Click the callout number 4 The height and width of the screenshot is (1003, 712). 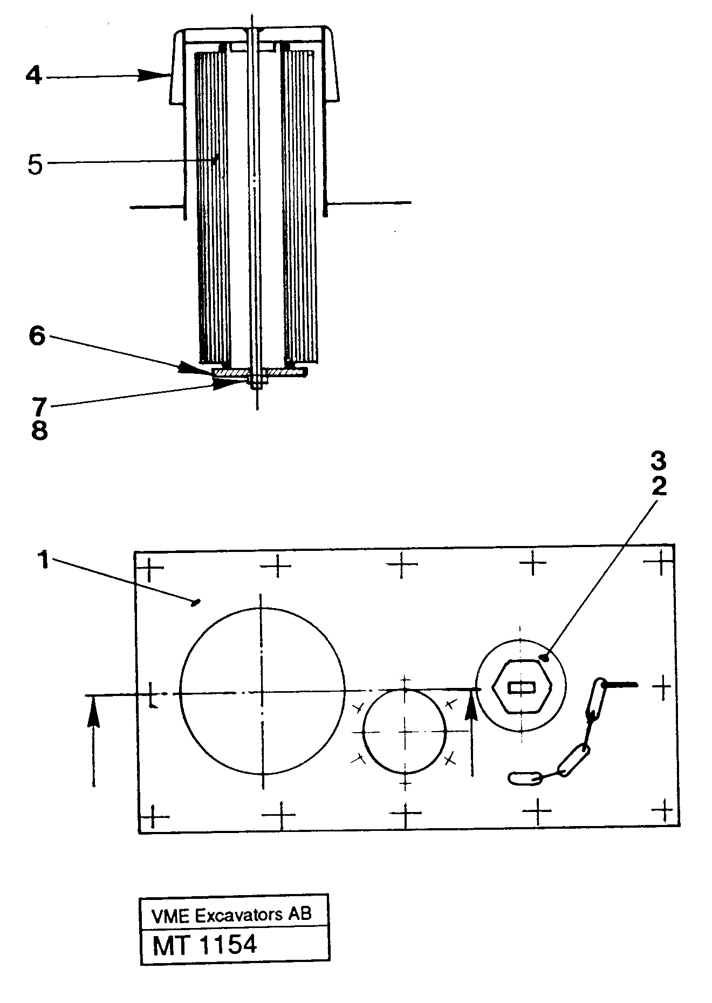[33, 76]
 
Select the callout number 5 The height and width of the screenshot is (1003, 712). [35, 165]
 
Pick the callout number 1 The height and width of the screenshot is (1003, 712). [43, 561]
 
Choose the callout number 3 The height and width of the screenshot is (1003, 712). [658, 461]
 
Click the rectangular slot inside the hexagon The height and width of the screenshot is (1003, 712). [522, 687]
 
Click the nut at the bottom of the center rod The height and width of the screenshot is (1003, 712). [256, 384]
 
